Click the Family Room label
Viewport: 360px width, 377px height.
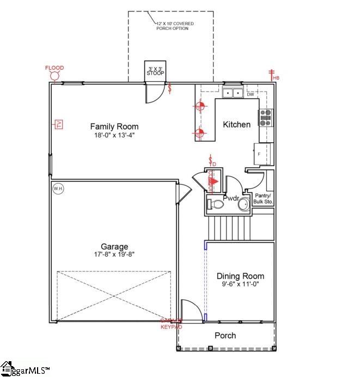point(114,126)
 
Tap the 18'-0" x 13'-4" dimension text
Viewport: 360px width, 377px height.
point(114,135)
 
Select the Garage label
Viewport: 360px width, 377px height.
point(114,246)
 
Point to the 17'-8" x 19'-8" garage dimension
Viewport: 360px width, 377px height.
point(114,254)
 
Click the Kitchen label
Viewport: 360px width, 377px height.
point(237,124)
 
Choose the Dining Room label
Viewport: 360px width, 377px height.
point(240,276)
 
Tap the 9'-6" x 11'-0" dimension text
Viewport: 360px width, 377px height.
point(240,284)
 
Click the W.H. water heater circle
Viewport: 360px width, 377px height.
point(58,189)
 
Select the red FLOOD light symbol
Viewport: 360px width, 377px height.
point(54,75)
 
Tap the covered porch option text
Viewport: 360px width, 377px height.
point(174,26)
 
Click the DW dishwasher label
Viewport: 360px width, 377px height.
point(250,94)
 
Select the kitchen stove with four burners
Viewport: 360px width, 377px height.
point(266,118)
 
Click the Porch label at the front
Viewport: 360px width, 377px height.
point(225,336)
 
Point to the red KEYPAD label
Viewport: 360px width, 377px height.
point(171,326)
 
